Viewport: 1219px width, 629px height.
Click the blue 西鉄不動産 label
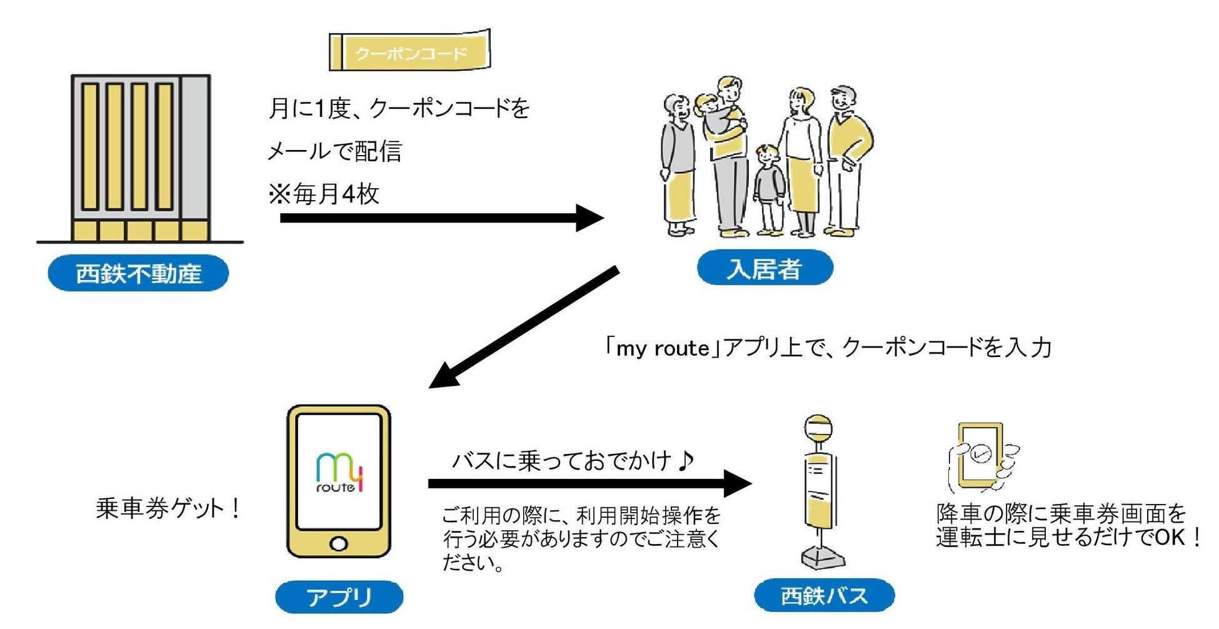[x=138, y=273]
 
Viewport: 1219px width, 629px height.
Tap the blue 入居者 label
[x=765, y=269]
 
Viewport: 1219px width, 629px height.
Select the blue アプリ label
[x=339, y=596]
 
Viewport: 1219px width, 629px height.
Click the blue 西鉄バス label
[x=824, y=595]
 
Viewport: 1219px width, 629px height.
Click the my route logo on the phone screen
[x=339, y=473]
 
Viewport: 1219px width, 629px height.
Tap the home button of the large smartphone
[x=339, y=543]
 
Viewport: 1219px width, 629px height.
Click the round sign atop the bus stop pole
[x=818, y=428]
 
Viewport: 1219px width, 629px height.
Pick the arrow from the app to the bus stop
[x=588, y=483]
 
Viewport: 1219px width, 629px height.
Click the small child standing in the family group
[x=768, y=188]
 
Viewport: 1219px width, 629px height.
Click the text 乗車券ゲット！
[x=168, y=508]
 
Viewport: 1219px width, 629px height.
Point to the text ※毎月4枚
[x=324, y=194]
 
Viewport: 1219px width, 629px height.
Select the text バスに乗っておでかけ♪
[x=572, y=461]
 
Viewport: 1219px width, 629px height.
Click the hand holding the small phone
[x=981, y=460]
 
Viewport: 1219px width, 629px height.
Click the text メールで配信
[x=334, y=151]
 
